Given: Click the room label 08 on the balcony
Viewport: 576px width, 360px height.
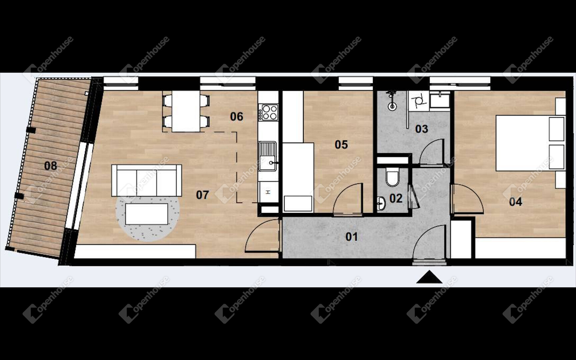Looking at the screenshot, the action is [x=50, y=166].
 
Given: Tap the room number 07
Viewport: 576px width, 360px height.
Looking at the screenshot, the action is [x=202, y=195].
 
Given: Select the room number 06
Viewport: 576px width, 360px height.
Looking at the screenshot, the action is [x=237, y=116].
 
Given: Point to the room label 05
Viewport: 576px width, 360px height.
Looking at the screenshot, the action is [x=341, y=144].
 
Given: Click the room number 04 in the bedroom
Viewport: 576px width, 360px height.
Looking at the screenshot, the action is [x=515, y=201].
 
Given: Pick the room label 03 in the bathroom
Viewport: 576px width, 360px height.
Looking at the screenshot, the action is [x=421, y=129].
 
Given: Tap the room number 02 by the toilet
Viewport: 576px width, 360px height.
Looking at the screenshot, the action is [x=396, y=198].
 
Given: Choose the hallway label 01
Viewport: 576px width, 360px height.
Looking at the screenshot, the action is [x=352, y=237].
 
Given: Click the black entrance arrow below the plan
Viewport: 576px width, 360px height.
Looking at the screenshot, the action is [x=429, y=277].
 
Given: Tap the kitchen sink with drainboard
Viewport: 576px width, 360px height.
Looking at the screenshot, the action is [x=268, y=156].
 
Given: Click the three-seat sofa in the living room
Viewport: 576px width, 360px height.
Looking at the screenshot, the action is [x=147, y=180].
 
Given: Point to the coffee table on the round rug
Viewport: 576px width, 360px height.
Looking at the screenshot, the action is [x=146, y=214].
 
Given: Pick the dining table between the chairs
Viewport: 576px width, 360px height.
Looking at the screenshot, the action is [x=186, y=111].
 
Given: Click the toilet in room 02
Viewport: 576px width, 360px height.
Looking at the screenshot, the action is [x=392, y=177].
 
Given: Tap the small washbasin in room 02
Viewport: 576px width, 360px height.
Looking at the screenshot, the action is [x=381, y=203].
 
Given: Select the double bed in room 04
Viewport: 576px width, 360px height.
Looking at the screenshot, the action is [x=530, y=143].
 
